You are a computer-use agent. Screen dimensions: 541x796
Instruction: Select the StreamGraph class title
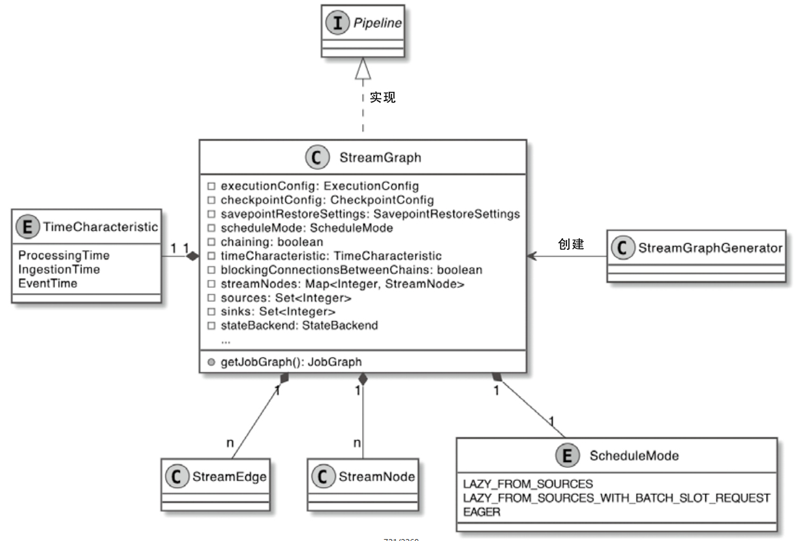click(x=380, y=157)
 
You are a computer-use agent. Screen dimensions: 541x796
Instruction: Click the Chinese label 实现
click(x=383, y=98)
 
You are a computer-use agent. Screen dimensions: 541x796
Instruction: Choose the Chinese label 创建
click(x=571, y=245)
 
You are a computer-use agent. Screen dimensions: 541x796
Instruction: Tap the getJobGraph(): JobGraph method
click(x=291, y=362)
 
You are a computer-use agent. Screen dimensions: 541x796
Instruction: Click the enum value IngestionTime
click(x=59, y=269)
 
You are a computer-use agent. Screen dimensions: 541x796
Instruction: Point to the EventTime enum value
click(x=48, y=283)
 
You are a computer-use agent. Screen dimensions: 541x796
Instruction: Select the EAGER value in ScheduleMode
click(x=482, y=512)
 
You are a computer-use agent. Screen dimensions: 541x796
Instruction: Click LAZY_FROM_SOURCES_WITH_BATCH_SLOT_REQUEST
click(x=617, y=498)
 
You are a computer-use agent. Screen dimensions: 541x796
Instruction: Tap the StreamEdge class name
click(x=229, y=477)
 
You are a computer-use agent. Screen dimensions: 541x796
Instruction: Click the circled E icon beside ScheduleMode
click(x=566, y=456)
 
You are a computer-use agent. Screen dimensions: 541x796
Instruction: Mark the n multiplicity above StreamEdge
click(x=230, y=442)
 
